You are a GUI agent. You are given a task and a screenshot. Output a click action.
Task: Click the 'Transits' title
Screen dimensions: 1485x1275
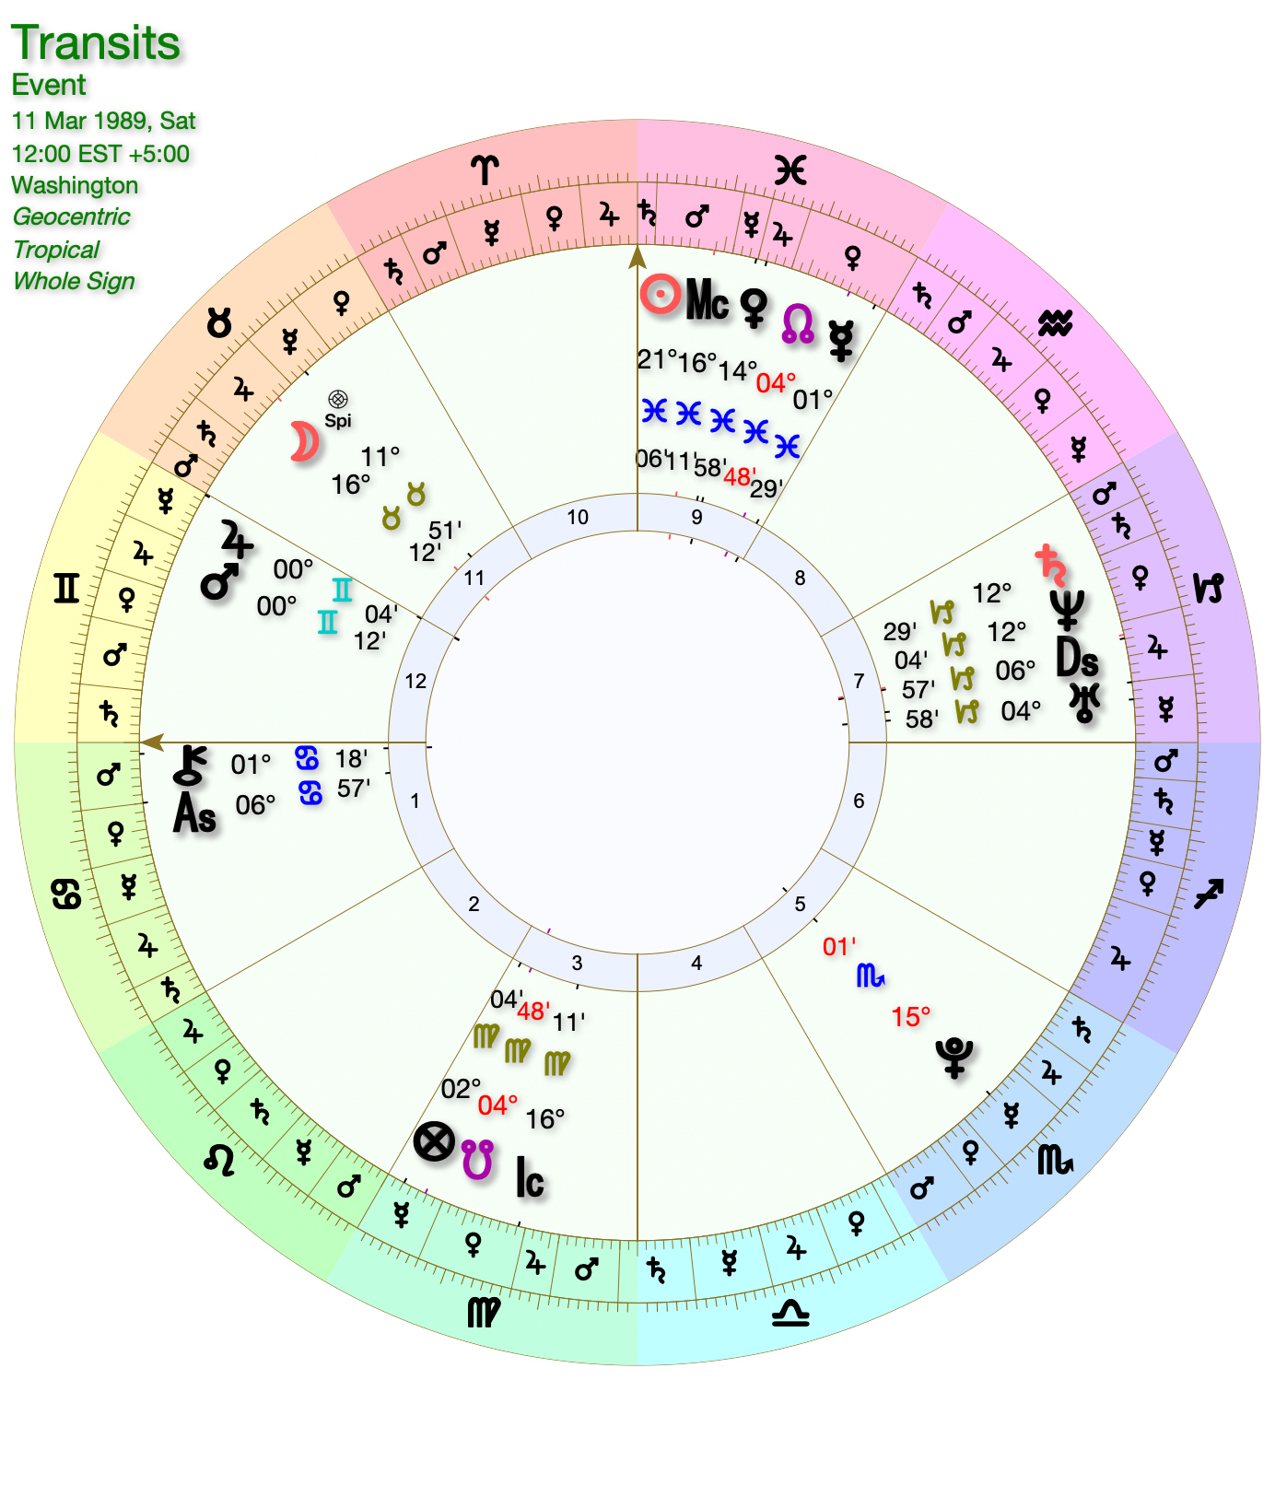(96, 43)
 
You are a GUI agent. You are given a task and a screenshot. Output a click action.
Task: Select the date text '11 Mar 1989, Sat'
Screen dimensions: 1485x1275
(103, 121)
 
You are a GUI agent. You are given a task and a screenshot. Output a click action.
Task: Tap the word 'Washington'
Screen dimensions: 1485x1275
(75, 185)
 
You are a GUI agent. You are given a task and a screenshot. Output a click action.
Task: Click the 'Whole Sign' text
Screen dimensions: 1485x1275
(74, 281)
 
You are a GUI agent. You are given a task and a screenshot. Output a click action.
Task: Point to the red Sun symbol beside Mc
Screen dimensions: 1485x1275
(661, 295)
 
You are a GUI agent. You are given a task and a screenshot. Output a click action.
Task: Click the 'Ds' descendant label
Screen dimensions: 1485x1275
(1077, 658)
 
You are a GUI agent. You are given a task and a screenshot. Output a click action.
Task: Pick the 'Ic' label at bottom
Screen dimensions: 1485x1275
(530, 1178)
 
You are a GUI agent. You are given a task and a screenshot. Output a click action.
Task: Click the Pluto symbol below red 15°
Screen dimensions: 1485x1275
(954, 1057)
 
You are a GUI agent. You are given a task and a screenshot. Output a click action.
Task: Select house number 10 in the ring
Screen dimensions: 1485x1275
(578, 518)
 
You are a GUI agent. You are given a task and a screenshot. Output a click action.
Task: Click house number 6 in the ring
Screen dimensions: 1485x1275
(859, 801)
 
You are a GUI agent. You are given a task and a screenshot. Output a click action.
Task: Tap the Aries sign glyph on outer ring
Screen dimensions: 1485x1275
(485, 170)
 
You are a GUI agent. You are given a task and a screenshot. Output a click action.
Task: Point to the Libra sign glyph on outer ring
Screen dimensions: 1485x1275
(790, 1313)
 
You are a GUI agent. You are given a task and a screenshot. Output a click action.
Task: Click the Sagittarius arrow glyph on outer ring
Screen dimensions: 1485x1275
(1209, 893)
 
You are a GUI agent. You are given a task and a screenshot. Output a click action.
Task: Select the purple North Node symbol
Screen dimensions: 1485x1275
(798, 324)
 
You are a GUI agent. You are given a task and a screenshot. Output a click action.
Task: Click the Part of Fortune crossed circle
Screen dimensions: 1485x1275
(434, 1142)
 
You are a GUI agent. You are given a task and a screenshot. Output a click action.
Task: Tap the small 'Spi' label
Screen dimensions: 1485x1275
(338, 421)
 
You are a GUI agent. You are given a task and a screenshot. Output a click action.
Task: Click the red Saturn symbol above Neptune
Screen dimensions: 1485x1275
(1051, 564)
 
